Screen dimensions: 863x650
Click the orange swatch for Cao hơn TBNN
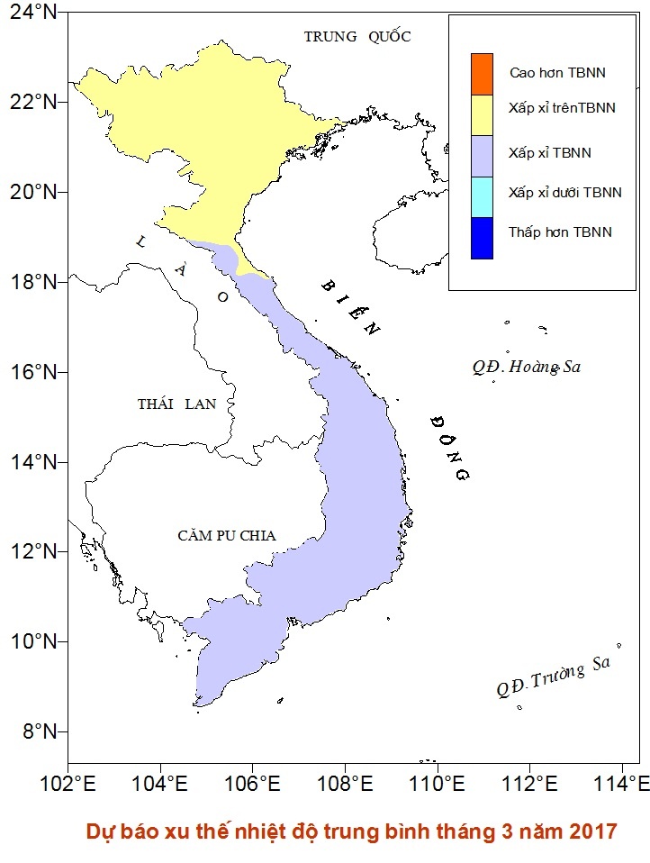tap(482, 73)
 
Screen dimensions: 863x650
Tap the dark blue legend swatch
tap(482, 238)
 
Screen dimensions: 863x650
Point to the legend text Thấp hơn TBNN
tap(559, 232)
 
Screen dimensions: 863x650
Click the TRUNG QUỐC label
tap(357, 37)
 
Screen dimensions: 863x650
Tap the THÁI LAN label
tap(176, 404)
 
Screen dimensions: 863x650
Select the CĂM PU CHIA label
tap(226, 536)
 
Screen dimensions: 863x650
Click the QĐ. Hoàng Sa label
tap(528, 367)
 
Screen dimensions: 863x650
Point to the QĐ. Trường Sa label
tap(553, 677)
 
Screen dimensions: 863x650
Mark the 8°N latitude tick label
tap(35, 731)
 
